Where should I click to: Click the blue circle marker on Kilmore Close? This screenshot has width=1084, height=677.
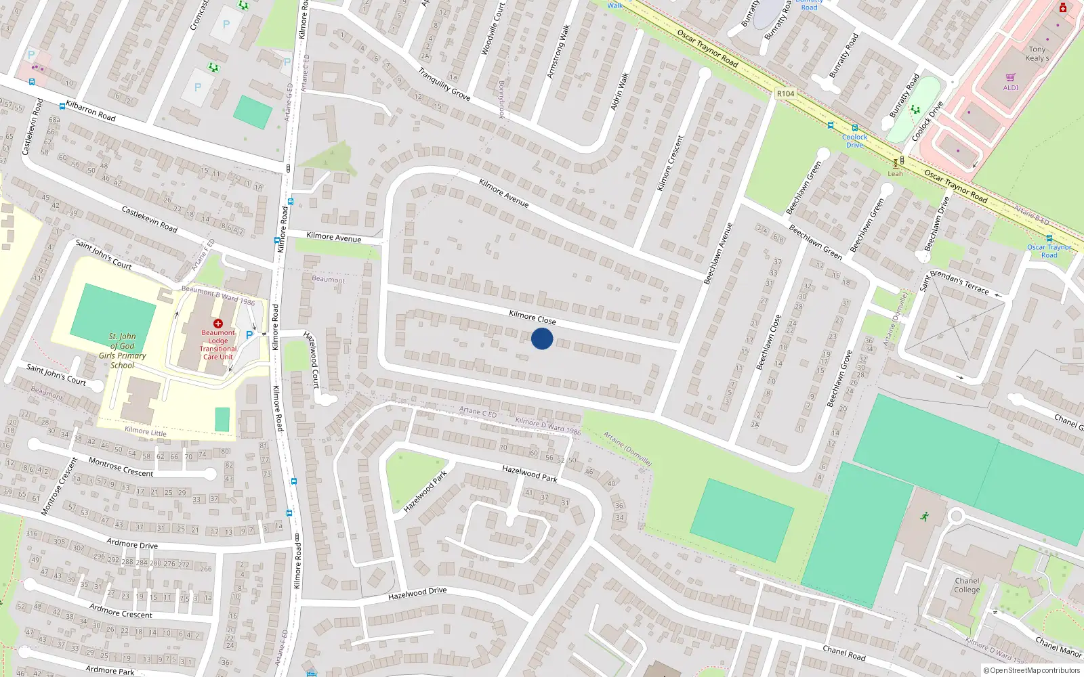(x=542, y=338)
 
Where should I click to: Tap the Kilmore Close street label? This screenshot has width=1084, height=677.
(x=532, y=318)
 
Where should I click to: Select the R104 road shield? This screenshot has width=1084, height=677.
(x=785, y=93)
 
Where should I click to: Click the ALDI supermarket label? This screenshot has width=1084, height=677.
(x=1011, y=87)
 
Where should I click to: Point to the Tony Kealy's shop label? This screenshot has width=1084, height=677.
(x=1037, y=53)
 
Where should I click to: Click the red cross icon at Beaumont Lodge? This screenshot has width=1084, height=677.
(x=218, y=324)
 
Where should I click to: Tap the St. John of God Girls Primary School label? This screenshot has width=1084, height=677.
(x=122, y=351)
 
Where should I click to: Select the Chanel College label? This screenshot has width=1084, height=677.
(x=967, y=585)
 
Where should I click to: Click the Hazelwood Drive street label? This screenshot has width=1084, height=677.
(x=417, y=594)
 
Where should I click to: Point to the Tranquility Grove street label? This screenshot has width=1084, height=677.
(x=444, y=85)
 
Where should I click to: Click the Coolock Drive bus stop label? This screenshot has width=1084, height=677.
(x=854, y=141)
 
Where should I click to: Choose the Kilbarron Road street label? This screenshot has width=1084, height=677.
(x=91, y=112)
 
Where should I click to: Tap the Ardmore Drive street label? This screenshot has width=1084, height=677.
(x=132, y=544)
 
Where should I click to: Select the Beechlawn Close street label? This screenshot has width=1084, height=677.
(x=768, y=342)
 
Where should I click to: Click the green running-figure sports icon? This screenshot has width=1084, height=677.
(x=924, y=517)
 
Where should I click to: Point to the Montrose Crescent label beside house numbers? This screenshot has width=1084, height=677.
(x=121, y=467)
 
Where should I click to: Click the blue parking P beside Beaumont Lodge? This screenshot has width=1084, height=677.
(x=249, y=334)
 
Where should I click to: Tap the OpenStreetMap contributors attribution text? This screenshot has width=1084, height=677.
(x=1035, y=670)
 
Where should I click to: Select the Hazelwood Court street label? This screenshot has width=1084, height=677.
(x=312, y=359)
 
